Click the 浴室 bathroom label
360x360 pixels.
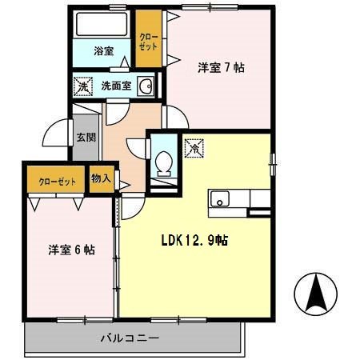click(x=103, y=51)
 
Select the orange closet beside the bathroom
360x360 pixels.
click(x=147, y=40)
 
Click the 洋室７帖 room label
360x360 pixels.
click(x=220, y=67)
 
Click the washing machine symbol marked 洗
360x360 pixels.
click(x=82, y=86)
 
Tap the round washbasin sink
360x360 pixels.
click(x=145, y=86)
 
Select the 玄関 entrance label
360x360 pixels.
click(x=86, y=137)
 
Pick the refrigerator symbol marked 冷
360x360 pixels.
click(x=193, y=147)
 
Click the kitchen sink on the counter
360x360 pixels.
click(x=220, y=198)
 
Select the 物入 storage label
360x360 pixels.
click(x=100, y=178)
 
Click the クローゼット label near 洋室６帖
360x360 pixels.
click(x=58, y=182)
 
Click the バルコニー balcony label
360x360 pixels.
click(x=130, y=339)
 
